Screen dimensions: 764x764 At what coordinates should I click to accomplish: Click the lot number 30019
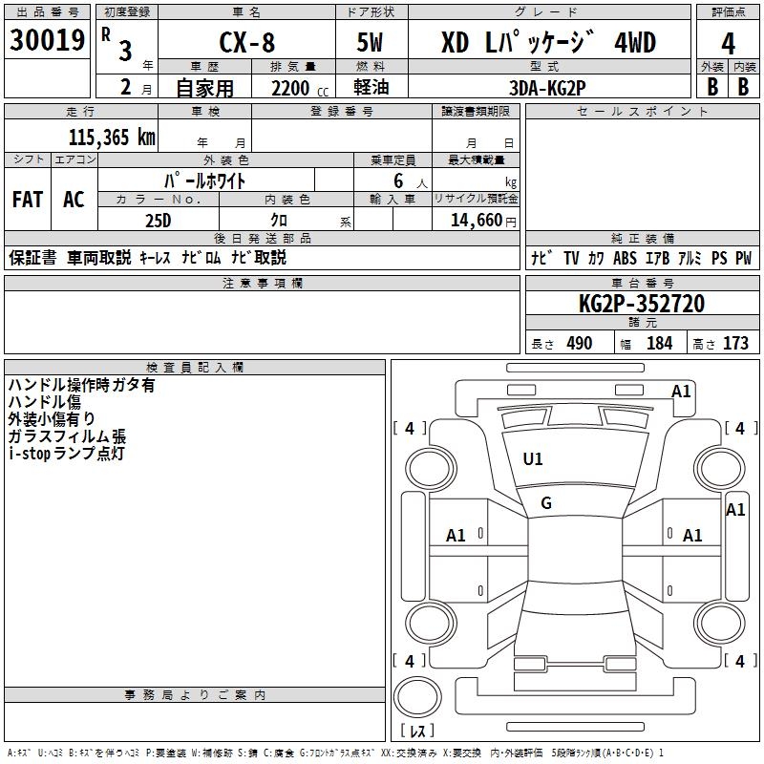coord(48,41)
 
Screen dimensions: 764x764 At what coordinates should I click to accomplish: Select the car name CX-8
coord(245,43)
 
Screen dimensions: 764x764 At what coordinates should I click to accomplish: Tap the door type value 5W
coord(371,43)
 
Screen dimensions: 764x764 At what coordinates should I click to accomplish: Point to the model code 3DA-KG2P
coord(548,87)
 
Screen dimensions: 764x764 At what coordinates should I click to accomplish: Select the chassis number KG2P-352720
coord(642,304)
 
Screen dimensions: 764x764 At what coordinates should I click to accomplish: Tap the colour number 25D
coord(158,220)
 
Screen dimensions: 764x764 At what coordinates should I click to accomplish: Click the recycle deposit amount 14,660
coord(471,220)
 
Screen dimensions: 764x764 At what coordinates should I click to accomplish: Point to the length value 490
coord(579,344)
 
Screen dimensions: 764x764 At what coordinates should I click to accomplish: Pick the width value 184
coord(659,344)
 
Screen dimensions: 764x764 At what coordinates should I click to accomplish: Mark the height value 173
coord(735,344)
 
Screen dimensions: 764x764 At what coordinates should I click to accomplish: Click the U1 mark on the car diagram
coord(533,459)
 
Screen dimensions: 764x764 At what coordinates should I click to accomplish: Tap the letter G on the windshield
coord(546,503)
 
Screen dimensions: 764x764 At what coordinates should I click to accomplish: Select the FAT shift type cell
coord(27,200)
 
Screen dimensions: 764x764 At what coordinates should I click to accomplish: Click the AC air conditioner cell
coord(74,200)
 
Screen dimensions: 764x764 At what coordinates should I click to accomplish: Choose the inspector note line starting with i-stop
coord(66,453)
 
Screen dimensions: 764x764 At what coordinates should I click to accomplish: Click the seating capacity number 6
coord(396,181)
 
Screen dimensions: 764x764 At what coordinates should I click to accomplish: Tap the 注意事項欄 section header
coord(263,283)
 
